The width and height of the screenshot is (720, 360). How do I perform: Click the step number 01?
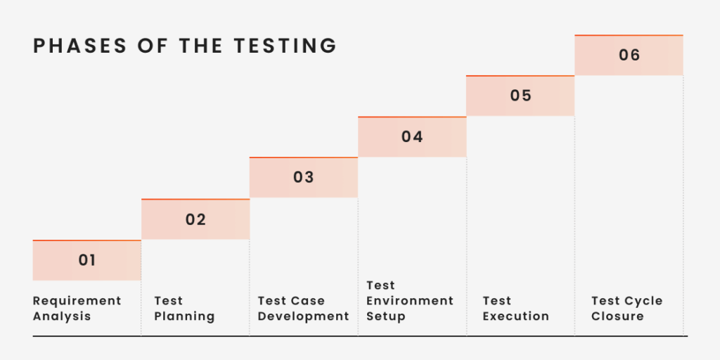[86, 260]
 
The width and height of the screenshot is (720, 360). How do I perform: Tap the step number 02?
[195, 219]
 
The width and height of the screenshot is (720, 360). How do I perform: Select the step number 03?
[304, 177]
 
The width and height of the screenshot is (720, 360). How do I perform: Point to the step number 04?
[412, 136]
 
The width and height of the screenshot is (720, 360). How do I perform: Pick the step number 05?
[521, 96]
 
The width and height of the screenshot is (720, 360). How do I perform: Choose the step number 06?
[629, 55]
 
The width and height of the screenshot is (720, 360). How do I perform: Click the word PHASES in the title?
[80, 46]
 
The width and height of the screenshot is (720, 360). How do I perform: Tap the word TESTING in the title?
[285, 46]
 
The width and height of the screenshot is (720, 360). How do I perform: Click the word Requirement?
[77, 301]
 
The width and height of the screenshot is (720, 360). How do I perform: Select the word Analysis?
[62, 316]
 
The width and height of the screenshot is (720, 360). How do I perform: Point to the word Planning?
[185, 316]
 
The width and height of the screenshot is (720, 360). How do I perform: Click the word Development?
[304, 316]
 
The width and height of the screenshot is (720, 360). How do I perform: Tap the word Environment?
[410, 301]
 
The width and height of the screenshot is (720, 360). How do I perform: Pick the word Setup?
[386, 316]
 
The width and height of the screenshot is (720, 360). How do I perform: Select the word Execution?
[516, 316]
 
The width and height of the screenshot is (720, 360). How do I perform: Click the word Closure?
[617, 316]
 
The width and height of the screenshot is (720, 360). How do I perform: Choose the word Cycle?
[644, 301]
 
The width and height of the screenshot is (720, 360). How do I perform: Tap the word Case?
[308, 301]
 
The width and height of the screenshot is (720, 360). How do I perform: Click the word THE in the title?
[201, 46]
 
